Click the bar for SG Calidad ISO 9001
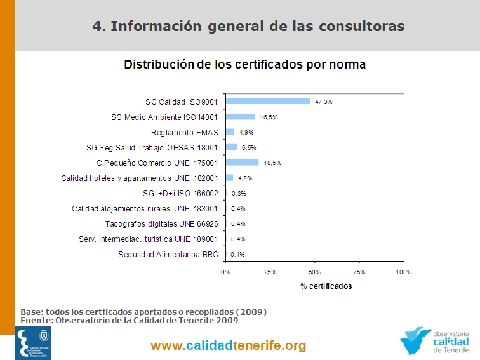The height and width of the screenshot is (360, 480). [x=268, y=102]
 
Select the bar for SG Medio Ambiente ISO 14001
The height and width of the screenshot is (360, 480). [x=240, y=117]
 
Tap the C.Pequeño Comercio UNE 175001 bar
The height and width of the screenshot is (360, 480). [x=242, y=163]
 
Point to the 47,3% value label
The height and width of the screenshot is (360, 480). [x=324, y=102]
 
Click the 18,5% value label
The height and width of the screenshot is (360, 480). [x=272, y=163]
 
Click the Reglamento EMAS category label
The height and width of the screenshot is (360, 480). [x=184, y=132]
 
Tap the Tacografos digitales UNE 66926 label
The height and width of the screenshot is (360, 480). [x=161, y=223]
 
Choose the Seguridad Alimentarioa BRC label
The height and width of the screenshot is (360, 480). [x=168, y=254]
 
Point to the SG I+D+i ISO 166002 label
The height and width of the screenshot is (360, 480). [x=181, y=193]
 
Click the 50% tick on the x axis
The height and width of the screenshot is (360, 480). [x=314, y=272]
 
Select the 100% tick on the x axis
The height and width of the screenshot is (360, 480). [x=403, y=272]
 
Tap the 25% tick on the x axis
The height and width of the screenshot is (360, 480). [x=270, y=272]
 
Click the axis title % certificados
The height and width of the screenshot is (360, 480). [x=326, y=286]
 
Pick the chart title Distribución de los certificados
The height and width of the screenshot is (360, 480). [x=244, y=64]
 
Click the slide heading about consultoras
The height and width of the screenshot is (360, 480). [x=248, y=26]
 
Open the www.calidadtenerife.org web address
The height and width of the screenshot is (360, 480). [x=229, y=346]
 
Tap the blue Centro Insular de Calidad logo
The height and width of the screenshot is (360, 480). [x=33, y=343]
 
